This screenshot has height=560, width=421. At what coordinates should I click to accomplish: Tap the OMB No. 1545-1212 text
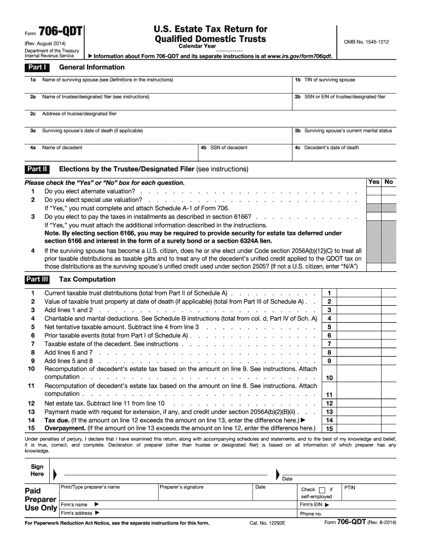point(366,42)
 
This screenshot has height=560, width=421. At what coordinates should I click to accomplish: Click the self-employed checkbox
point(321,489)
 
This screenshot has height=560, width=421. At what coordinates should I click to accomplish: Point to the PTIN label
point(350,487)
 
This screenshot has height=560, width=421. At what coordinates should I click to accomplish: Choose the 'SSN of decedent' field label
point(229,148)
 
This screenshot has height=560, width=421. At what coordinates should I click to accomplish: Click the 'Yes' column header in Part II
point(374,182)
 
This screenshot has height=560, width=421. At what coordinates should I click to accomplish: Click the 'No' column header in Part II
point(389,182)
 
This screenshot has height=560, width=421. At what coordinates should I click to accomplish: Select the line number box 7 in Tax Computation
point(329,344)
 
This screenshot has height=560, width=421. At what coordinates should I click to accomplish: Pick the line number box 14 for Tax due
point(329,420)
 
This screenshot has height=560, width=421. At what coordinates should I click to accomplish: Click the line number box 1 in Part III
point(329,293)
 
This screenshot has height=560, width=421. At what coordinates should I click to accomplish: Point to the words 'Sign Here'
point(37,471)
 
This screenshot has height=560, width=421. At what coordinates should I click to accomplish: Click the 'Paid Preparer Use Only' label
point(40,499)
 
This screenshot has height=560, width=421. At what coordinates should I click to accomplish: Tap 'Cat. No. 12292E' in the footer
point(268,523)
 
